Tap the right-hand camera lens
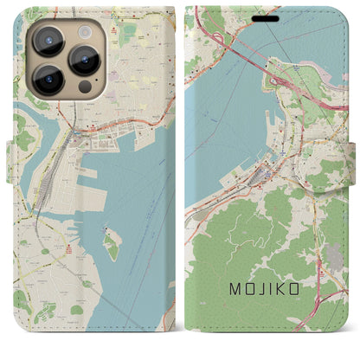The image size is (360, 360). tap(85, 61)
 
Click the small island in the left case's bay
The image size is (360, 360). tap(112, 245)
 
